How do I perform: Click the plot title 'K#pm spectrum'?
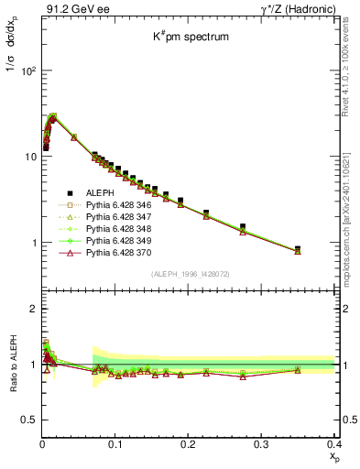190,38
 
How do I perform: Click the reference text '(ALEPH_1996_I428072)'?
190,274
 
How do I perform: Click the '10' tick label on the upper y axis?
27,157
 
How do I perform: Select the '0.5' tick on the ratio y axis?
28,420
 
